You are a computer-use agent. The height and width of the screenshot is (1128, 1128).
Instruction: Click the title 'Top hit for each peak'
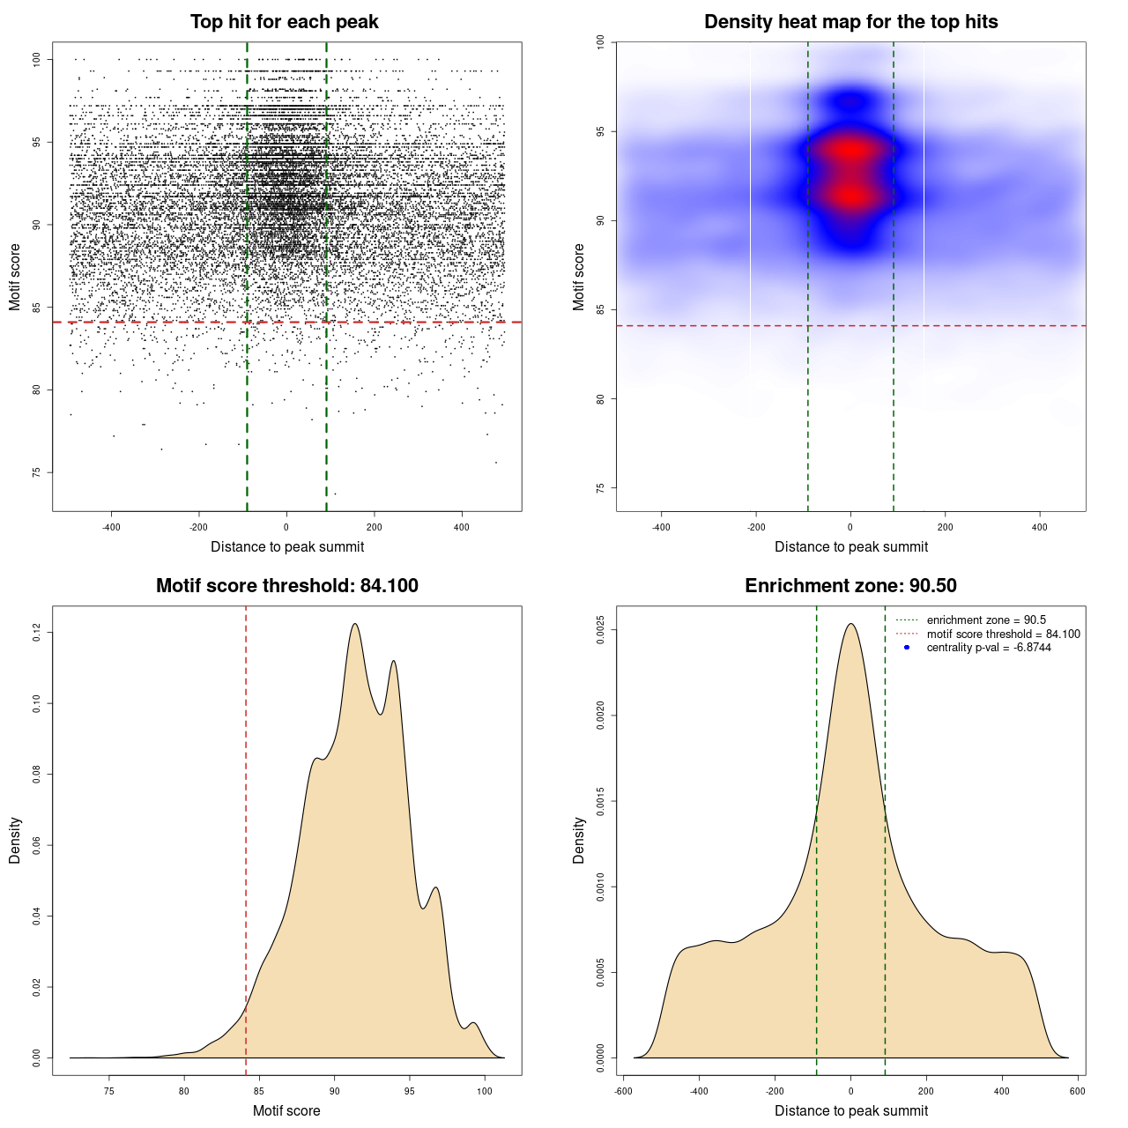click(284, 22)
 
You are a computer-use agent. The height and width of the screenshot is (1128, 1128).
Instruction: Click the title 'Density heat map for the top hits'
click(850, 22)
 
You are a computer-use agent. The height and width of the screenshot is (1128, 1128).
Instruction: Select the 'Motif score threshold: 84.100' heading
click(286, 586)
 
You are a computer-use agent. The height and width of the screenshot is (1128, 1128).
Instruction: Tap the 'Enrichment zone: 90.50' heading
click(850, 586)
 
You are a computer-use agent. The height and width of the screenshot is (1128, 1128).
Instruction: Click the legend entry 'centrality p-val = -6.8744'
click(989, 648)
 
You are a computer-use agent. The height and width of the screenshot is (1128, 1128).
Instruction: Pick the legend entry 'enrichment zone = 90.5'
click(986, 620)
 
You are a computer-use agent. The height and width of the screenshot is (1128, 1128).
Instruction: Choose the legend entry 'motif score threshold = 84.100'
click(1003, 634)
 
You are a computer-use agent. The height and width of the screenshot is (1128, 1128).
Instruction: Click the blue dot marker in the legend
click(907, 648)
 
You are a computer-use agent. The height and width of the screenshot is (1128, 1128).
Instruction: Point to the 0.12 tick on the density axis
click(36, 632)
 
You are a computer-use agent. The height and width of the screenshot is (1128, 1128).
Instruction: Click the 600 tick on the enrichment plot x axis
click(1077, 1091)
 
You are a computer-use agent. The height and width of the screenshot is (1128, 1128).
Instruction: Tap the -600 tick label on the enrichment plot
click(623, 1091)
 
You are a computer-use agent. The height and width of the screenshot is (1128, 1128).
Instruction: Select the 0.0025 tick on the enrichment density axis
click(600, 630)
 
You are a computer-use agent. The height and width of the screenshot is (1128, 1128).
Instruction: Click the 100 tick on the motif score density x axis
click(484, 1091)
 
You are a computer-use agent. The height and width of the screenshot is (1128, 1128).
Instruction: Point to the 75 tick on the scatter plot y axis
click(36, 472)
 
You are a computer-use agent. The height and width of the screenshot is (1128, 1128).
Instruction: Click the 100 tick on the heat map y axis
click(600, 41)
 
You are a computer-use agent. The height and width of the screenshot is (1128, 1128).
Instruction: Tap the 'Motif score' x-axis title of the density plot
click(286, 1110)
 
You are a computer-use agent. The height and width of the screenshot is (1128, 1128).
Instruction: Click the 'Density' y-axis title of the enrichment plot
click(579, 840)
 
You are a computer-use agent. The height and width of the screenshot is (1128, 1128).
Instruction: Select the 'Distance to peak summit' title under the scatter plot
click(287, 546)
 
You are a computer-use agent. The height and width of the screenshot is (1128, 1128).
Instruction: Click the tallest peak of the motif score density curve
click(355, 624)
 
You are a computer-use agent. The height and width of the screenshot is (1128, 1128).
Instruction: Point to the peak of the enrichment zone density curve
click(850, 624)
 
